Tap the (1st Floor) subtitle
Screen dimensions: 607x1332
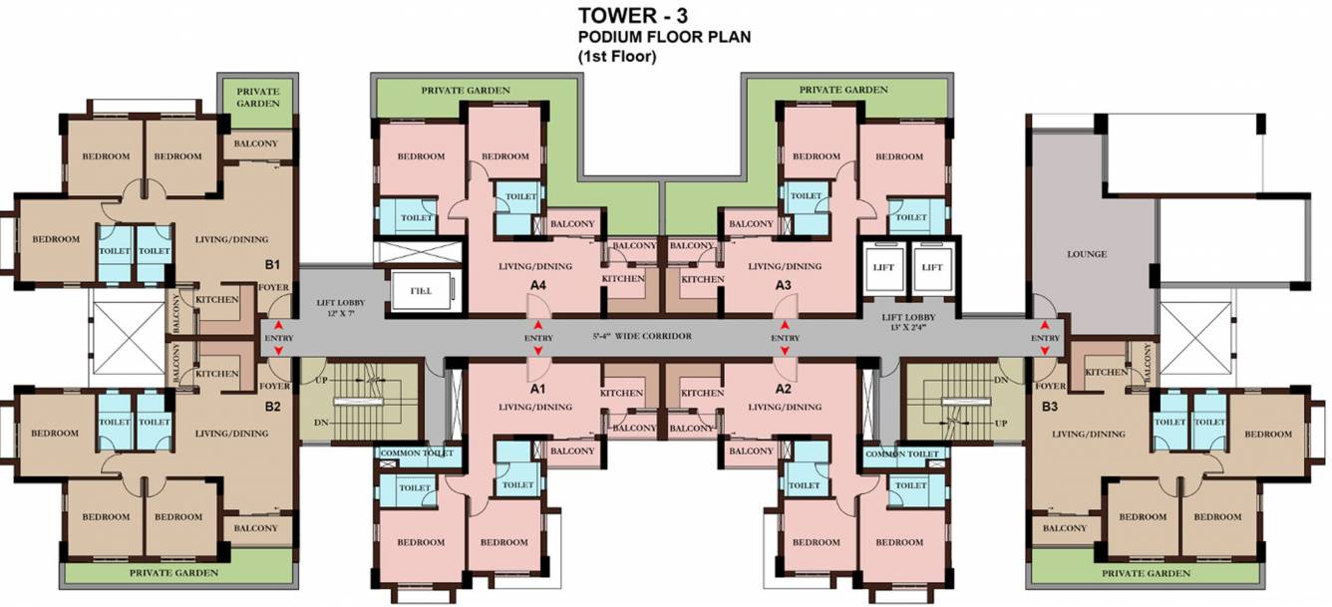(x=617, y=56)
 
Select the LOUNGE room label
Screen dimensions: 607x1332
(x=1087, y=254)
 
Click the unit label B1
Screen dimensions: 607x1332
(x=272, y=265)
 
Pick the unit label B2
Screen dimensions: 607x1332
(x=272, y=407)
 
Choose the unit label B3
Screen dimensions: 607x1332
(x=1049, y=407)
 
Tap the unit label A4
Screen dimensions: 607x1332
(x=538, y=285)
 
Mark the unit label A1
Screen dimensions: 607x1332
(x=538, y=388)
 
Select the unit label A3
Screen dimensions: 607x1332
(x=784, y=285)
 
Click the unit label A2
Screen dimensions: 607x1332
(x=784, y=388)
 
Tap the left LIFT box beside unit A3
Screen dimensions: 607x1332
(x=884, y=267)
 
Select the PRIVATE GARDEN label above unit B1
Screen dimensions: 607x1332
(x=257, y=97)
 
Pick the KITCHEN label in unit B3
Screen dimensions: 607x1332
(x=1105, y=372)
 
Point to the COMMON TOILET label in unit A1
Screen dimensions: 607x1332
(x=418, y=454)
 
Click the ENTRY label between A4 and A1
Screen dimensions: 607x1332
(x=537, y=339)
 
